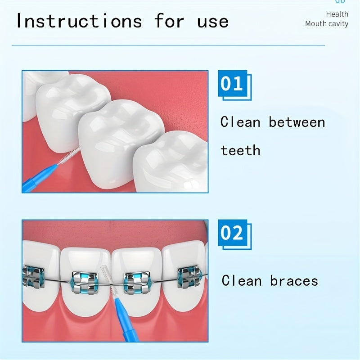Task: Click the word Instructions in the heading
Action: coord(79,21)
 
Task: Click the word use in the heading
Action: coord(213,21)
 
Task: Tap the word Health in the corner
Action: coord(337,14)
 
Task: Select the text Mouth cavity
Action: coord(326,24)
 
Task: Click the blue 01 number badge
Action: coord(233,85)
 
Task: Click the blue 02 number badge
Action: coord(233,234)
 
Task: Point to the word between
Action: coord(297,122)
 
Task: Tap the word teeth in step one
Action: coord(240,150)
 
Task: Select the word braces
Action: coord(294,281)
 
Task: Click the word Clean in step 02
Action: coord(242,281)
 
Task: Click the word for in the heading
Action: coord(169,21)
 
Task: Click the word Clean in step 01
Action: coord(240,122)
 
